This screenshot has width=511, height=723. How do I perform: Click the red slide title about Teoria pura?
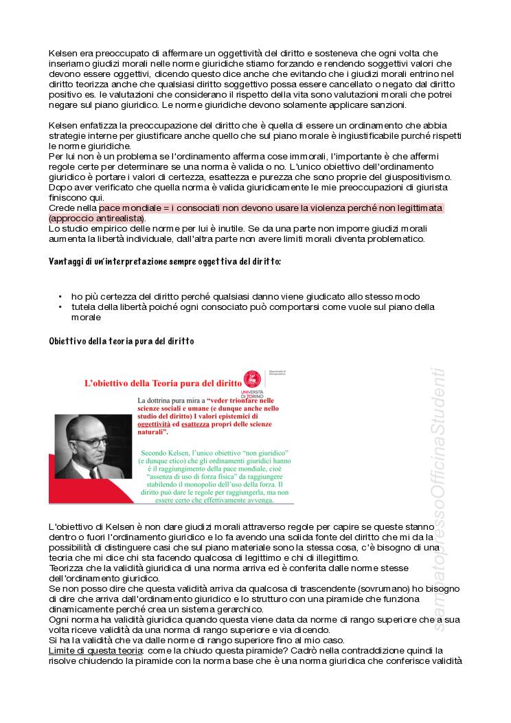coord(163,382)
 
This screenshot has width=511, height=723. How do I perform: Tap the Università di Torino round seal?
coord(254,378)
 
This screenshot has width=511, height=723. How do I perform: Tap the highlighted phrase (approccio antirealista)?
coord(97,219)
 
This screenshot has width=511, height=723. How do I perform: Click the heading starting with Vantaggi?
coord(164,262)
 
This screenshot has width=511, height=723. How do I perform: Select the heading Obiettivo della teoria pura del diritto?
coord(121,342)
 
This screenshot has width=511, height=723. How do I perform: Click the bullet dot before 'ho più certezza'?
coord(60,297)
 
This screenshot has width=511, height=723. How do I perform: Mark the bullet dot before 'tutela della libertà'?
coord(60,307)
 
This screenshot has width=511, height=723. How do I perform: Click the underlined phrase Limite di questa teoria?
coord(95,650)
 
